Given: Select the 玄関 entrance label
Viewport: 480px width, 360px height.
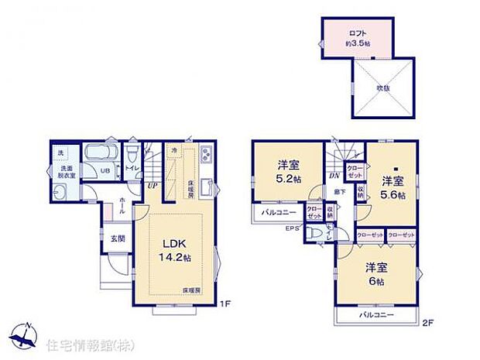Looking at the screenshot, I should click(x=117, y=238).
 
